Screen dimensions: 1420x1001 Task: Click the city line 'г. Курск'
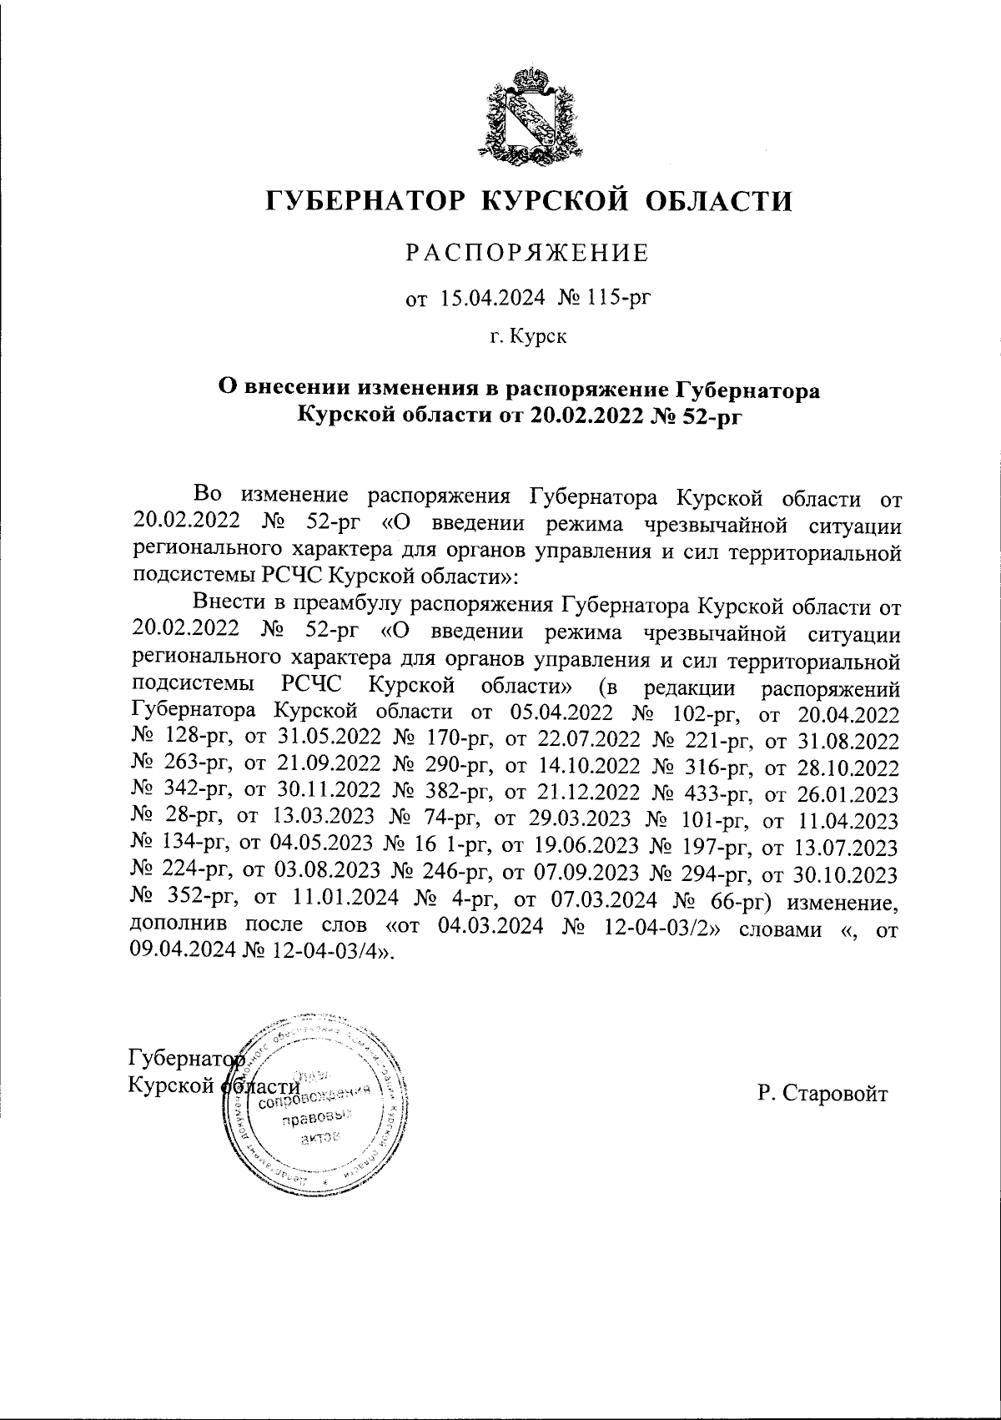tap(527, 337)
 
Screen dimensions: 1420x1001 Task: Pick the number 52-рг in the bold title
tap(707, 415)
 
